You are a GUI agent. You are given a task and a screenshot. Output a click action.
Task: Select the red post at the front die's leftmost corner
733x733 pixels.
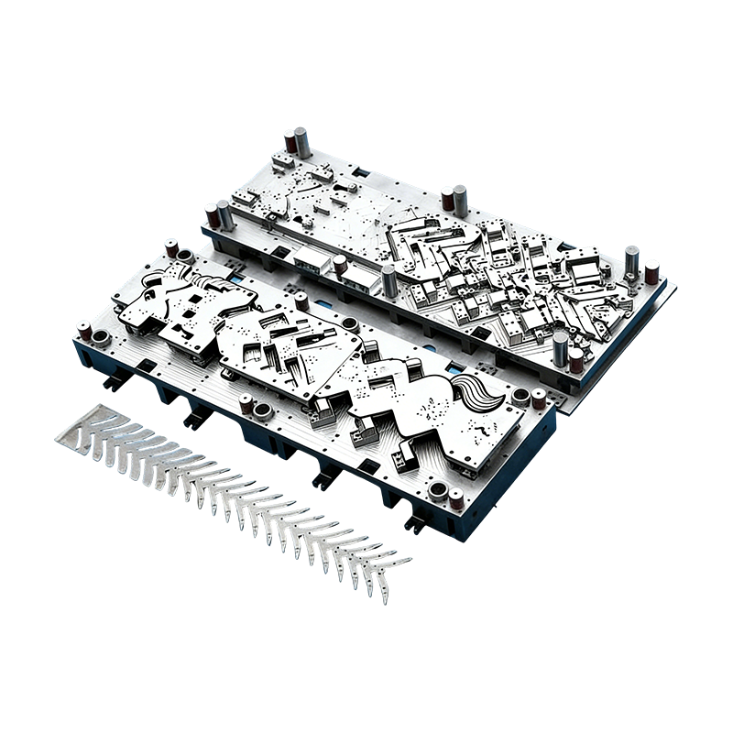[x=84, y=331]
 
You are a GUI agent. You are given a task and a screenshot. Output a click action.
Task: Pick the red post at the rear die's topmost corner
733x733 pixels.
[x=291, y=140]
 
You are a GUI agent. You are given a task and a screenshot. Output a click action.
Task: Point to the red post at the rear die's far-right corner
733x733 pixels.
[x=651, y=271]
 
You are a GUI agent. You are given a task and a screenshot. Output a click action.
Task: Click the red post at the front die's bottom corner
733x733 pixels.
[x=455, y=498]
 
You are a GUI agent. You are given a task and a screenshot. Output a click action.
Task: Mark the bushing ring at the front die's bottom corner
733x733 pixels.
[x=437, y=490]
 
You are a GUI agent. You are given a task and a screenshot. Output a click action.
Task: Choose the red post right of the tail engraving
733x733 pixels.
[x=539, y=399]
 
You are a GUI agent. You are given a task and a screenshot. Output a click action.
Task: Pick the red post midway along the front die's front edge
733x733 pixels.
[x=246, y=403]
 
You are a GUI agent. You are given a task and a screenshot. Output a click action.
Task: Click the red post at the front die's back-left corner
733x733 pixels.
[x=170, y=247]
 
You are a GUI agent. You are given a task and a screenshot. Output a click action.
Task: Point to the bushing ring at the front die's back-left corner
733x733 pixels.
[x=186, y=255]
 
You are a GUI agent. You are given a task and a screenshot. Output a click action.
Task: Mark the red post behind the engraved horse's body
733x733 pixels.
[x=301, y=300]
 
